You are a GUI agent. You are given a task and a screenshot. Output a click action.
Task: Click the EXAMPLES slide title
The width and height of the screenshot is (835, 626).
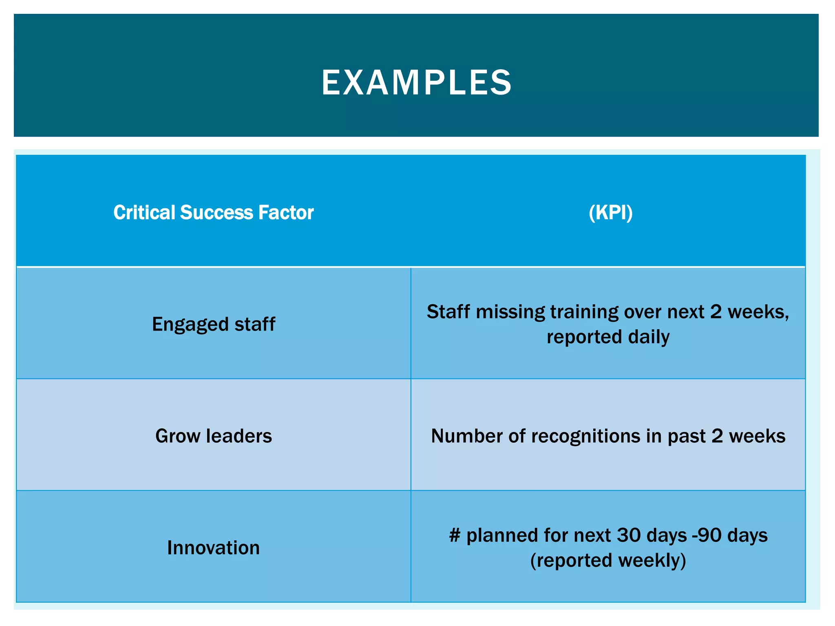click(x=416, y=83)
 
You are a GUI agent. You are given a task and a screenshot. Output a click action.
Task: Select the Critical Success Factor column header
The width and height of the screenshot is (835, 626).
click(x=213, y=213)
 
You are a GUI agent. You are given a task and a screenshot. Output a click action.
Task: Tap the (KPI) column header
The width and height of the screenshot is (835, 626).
click(x=610, y=213)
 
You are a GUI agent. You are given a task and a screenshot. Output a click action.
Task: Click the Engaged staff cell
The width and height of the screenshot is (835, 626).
click(x=213, y=324)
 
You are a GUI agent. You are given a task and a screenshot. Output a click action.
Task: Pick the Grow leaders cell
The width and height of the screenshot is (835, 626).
click(x=213, y=436)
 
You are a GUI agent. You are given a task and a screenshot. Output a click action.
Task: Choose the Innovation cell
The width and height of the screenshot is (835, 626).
click(x=213, y=548)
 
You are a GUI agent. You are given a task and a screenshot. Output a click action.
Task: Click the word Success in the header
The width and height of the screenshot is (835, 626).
click(x=216, y=213)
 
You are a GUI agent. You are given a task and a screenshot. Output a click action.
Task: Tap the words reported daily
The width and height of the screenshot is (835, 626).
click(x=608, y=337)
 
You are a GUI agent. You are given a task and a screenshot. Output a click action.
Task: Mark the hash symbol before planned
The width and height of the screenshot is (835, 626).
click(x=454, y=536)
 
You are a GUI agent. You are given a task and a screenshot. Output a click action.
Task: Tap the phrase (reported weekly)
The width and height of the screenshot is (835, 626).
click(x=608, y=560)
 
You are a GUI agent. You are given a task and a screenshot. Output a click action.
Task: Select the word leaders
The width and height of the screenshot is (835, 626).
click(x=239, y=436)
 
